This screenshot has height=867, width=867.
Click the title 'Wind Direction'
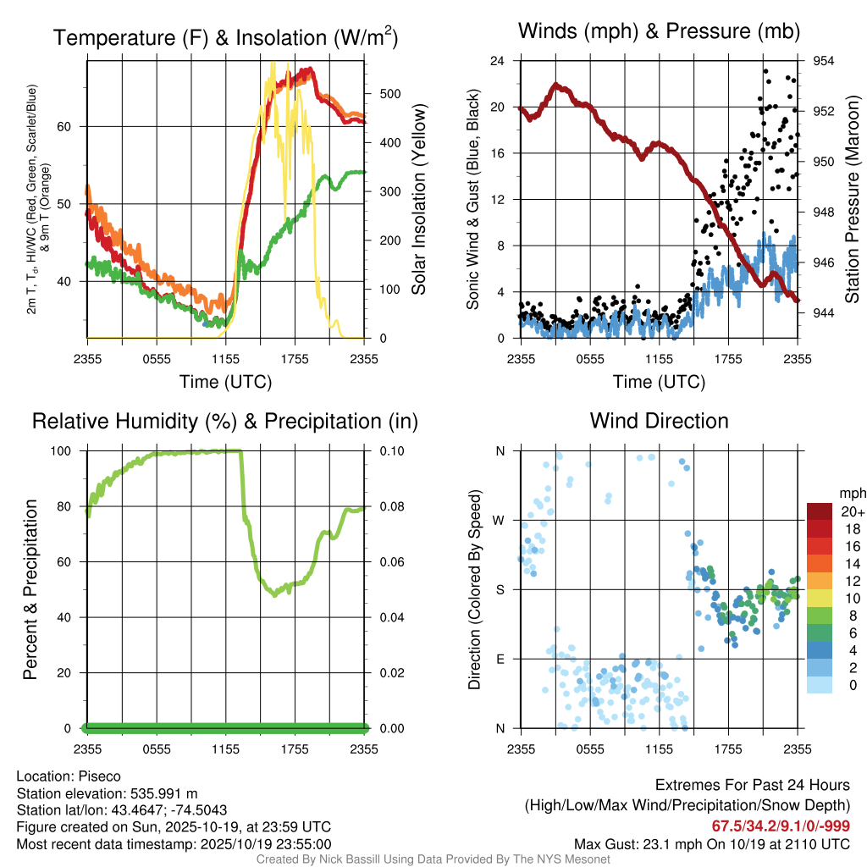[x=659, y=421]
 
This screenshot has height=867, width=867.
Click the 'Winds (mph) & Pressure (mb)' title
[x=659, y=32]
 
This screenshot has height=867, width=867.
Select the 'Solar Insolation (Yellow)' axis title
[x=418, y=200]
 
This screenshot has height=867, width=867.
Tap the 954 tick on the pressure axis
[x=824, y=61]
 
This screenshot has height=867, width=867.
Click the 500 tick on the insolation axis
[x=389, y=93]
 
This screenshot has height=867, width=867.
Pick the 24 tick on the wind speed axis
[x=498, y=61]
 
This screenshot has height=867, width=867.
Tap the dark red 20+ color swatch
[x=820, y=511]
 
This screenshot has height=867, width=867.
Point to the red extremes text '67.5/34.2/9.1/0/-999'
[x=781, y=826]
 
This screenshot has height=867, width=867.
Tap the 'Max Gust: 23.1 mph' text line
[x=711, y=844]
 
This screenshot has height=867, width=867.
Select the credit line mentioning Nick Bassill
[x=433, y=859]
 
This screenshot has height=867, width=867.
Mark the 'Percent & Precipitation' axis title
[x=30, y=589]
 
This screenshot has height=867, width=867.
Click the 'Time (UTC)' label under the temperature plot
[x=226, y=382]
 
